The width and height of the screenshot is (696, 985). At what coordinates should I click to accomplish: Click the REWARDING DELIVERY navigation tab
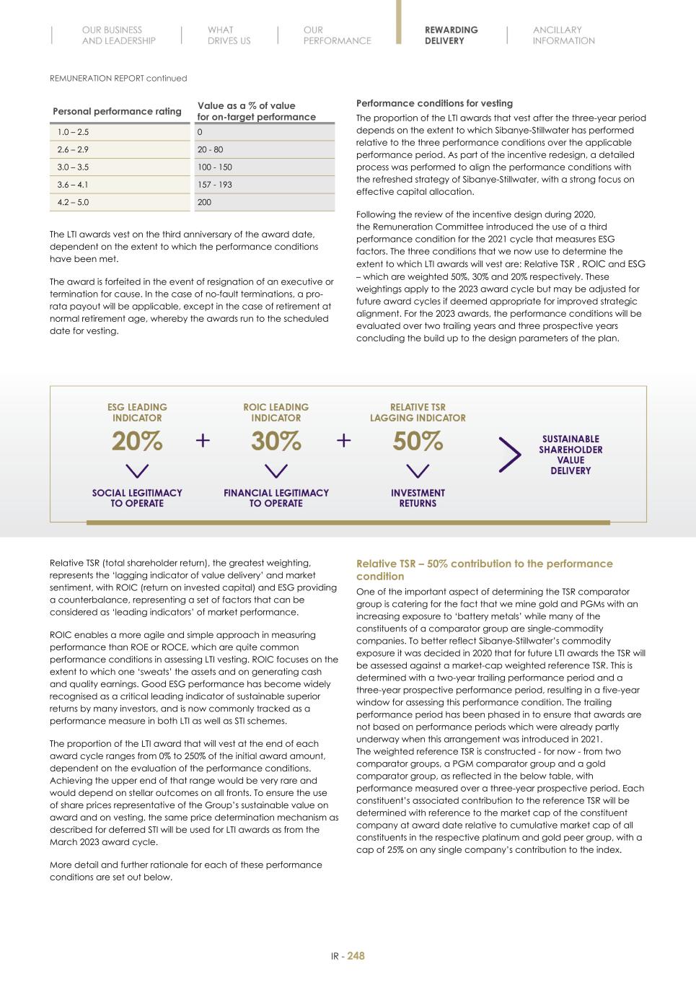[x=451, y=35]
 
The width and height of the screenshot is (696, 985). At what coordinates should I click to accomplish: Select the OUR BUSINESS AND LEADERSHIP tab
[x=118, y=35]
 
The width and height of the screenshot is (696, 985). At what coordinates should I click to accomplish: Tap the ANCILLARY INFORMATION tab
[x=563, y=35]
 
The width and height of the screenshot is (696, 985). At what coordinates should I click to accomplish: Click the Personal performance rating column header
[x=117, y=111]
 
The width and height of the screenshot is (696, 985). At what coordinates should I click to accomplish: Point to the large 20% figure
[x=137, y=441]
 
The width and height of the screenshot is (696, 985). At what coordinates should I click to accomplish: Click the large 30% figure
[x=276, y=441]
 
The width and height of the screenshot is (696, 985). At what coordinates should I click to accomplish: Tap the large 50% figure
[x=418, y=441]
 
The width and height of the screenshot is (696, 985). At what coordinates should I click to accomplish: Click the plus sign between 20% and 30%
[x=203, y=440]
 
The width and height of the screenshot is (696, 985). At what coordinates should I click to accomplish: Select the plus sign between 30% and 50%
[x=344, y=440]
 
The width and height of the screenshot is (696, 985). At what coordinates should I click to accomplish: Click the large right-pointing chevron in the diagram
[x=509, y=455]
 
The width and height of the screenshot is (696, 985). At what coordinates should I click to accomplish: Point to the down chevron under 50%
[x=418, y=470]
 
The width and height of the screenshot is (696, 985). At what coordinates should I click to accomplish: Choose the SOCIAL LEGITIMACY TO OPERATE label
[x=137, y=498]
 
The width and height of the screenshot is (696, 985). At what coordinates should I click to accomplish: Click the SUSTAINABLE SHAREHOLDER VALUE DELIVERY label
[x=571, y=455]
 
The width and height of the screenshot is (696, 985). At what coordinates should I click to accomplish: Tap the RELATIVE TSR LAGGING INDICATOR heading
[x=418, y=413]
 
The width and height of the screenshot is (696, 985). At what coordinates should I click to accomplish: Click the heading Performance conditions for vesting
[x=434, y=103]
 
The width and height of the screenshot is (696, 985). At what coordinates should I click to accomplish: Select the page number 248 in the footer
[x=356, y=956]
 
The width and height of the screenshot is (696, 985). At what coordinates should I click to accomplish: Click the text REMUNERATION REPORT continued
[x=118, y=78]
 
